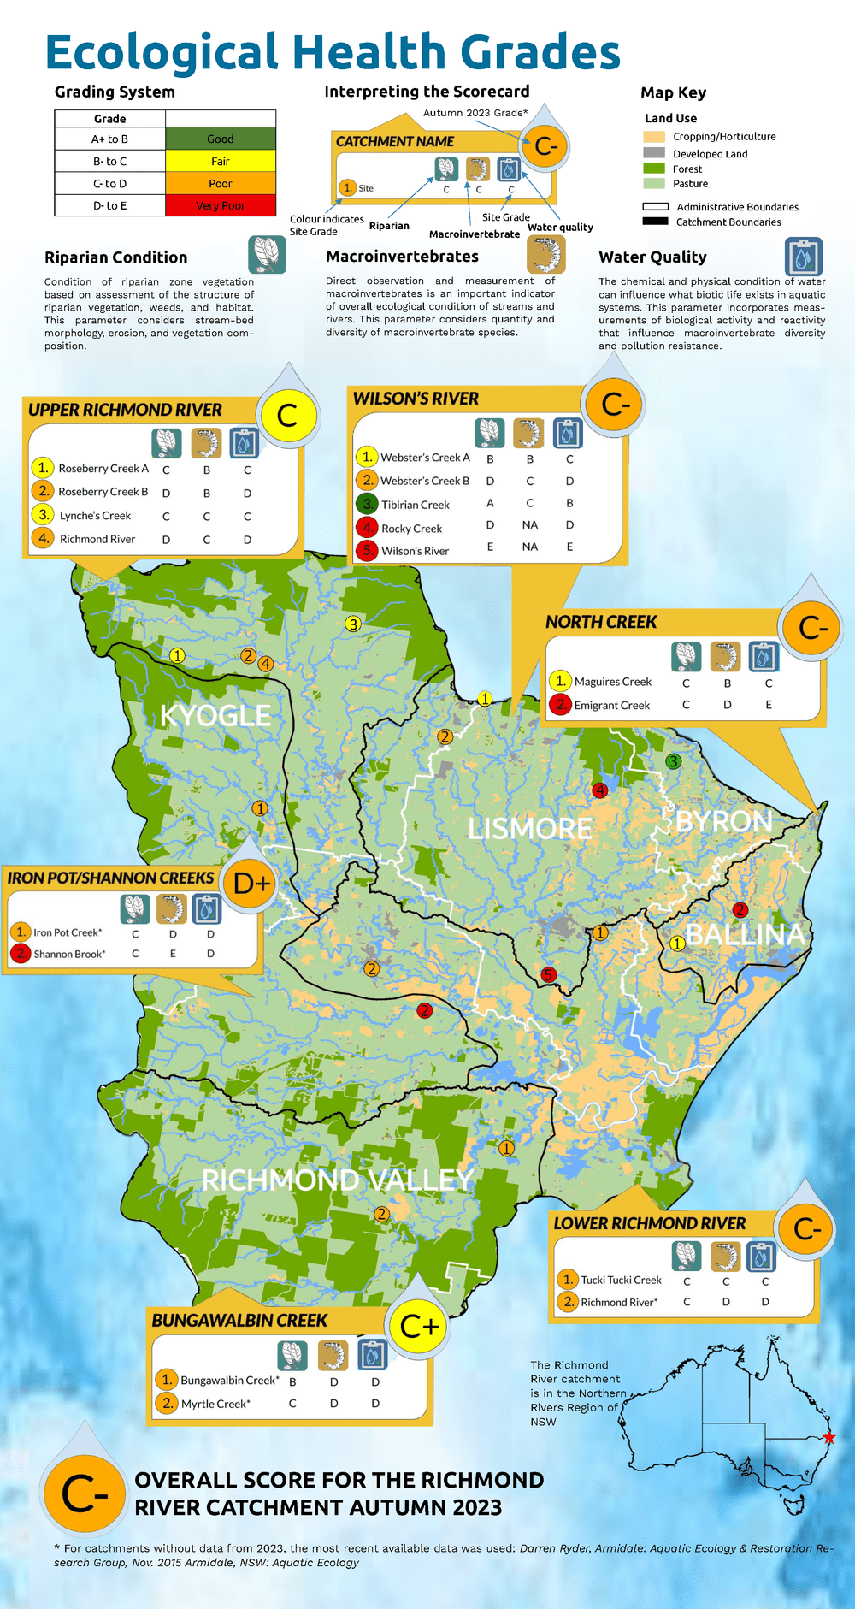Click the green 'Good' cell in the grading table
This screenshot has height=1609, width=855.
click(220, 139)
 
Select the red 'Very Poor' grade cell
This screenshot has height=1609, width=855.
click(220, 205)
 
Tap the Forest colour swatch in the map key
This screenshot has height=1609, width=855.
click(654, 169)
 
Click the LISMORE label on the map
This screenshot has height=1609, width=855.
click(529, 828)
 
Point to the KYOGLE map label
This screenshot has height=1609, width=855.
click(215, 715)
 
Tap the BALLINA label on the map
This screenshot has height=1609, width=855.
click(746, 934)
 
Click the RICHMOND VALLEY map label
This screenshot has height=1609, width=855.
click(337, 1180)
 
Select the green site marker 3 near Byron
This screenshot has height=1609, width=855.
click(674, 761)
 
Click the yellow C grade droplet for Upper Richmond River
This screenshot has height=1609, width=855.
click(287, 417)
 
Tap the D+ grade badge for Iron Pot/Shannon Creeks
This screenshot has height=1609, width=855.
click(251, 884)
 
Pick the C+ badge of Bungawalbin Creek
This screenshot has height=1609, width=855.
click(419, 1327)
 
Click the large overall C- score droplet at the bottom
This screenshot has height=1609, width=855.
click(84, 1494)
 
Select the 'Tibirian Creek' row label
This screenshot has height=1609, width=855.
click(415, 506)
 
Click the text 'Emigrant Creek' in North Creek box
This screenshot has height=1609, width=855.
click(611, 706)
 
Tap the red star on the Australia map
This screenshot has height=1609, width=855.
click(828, 1438)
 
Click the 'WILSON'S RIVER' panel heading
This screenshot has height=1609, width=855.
click(416, 399)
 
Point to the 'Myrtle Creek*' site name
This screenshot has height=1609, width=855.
click(215, 1404)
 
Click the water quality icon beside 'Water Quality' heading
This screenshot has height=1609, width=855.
click(803, 257)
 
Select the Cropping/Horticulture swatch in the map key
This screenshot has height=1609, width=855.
click(654, 137)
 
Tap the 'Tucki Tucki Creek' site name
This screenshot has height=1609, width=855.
click(621, 1281)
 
